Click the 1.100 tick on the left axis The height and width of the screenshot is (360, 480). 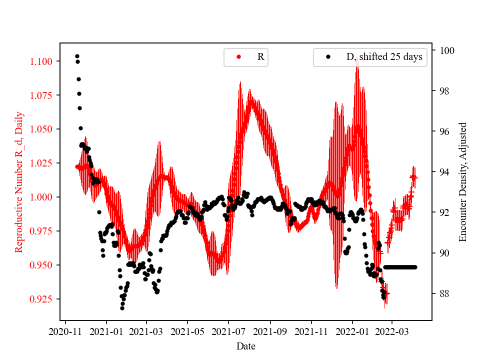point(45,61)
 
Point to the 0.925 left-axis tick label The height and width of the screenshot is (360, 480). point(45,299)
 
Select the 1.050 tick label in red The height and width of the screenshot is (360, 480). point(45,129)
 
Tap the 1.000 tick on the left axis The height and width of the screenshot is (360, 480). point(45,197)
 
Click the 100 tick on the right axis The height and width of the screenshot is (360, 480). point(446,50)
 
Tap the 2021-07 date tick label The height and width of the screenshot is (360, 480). point(228,330)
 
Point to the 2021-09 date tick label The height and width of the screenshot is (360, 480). point(270,330)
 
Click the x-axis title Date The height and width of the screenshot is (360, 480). point(246,345)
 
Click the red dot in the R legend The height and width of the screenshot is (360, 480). point(238,57)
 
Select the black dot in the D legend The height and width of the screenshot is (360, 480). point(328,57)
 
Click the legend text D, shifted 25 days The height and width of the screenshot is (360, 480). point(384,57)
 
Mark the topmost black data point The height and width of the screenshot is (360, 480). point(77,56)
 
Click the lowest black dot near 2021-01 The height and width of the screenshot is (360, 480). point(122,308)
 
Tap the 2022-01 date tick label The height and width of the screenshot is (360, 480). point(352,330)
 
